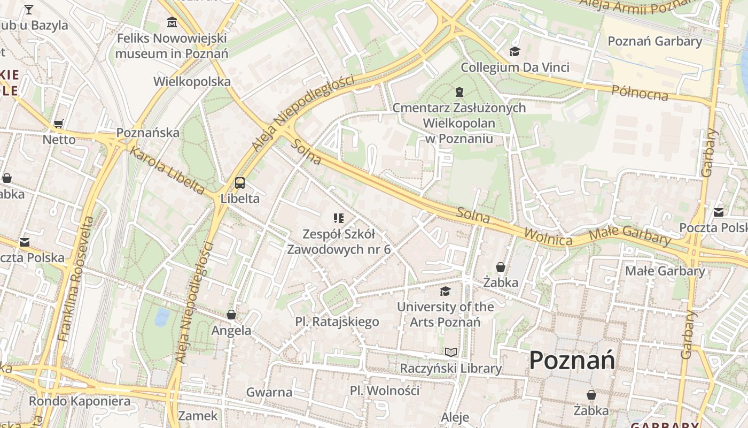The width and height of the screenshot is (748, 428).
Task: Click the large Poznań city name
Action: [572, 361]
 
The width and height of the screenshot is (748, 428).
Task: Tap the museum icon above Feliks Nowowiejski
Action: [172, 23]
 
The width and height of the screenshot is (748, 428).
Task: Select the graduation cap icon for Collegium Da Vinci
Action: [515, 52]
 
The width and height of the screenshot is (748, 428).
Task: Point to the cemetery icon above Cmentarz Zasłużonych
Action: [459, 92]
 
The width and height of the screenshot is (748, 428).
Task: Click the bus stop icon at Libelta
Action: [240, 183]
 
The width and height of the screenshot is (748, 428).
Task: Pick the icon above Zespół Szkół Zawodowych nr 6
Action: [338, 218]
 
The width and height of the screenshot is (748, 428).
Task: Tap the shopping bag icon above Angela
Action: [231, 315]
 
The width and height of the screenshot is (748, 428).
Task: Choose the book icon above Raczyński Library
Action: [451, 352]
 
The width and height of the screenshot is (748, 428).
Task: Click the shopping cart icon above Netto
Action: [59, 124]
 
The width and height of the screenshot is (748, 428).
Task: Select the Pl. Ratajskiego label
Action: [337, 322]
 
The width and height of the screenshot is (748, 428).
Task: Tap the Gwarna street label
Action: [269, 392]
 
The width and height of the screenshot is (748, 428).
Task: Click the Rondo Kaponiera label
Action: [80, 401]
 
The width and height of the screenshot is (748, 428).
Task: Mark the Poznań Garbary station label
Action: [654, 41]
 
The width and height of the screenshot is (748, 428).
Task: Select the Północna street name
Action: [640, 93]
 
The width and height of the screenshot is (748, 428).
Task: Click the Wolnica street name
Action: [548, 236]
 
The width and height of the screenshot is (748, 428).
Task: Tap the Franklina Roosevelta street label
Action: [76, 279]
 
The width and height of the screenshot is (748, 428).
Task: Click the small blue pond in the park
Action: [162, 317]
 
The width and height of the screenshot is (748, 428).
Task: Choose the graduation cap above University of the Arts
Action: [445, 291]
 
